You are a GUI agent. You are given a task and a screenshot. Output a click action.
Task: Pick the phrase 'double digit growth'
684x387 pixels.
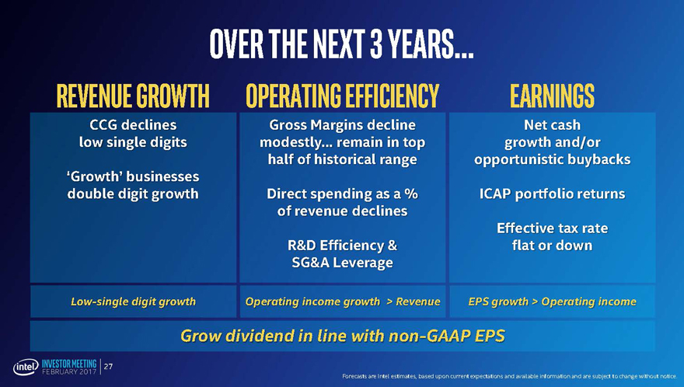click(x=133, y=193)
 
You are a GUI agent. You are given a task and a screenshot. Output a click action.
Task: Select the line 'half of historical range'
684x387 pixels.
click(x=342, y=159)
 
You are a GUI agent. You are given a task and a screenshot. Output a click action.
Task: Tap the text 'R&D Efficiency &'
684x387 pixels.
click(x=342, y=246)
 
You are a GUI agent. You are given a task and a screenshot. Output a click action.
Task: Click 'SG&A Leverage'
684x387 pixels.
click(x=342, y=263)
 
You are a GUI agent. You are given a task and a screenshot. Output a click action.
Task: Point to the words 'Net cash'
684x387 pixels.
click(x=552, y=124)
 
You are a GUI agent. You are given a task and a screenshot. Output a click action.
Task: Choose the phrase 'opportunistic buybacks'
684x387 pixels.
click(x=552, y=159)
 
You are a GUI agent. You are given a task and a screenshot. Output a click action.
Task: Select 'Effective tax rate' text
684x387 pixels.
click(x=552, y=228)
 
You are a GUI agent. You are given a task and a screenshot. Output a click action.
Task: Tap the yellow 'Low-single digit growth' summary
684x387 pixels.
click(x=133, y=301)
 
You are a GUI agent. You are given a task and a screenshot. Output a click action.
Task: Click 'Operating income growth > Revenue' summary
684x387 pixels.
click(x=342, y=301)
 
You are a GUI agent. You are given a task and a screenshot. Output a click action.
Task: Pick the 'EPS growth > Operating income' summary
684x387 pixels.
click(x=552, y=301)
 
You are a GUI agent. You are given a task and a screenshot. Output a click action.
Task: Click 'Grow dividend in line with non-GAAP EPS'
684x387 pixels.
click(x=342, y=336)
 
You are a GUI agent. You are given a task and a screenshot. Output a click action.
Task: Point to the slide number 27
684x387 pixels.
click(x=110, y=366)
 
